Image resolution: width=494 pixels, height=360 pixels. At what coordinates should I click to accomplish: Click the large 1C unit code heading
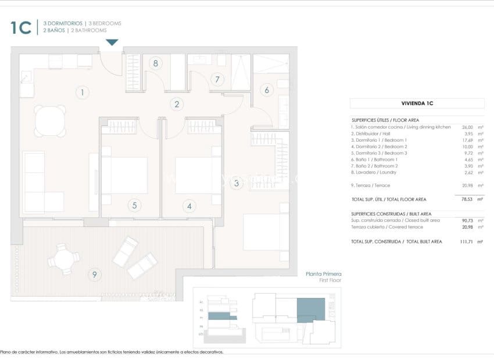(x=20, y=27)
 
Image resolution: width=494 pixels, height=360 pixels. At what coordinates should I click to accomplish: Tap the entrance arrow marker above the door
(x=112, y=42)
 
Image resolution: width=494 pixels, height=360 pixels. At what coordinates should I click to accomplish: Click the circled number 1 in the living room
(x=83, y=92)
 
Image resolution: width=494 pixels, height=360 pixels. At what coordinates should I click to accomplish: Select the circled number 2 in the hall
(x=177, y=105)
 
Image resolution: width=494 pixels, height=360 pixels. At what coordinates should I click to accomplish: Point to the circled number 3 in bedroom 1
(x=236, y=184)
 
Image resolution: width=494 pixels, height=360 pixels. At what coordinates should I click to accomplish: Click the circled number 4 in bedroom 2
(x=189, y=205)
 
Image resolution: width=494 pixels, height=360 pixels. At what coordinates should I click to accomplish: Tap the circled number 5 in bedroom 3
(x=134, y=205)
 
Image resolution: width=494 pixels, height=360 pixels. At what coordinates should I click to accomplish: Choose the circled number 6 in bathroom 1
(x=267, y=90)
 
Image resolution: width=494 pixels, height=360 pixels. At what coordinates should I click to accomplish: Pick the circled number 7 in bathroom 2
(x=217, y=80)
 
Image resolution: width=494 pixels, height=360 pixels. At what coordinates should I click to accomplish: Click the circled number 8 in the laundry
(x=155, y=63)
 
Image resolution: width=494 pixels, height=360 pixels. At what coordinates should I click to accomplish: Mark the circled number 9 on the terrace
(x=93, y=274)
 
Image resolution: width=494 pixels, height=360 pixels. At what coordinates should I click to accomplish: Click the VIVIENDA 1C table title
(x=417, y=103)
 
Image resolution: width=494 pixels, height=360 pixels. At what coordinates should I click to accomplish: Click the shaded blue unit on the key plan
(x=312, y=309)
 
